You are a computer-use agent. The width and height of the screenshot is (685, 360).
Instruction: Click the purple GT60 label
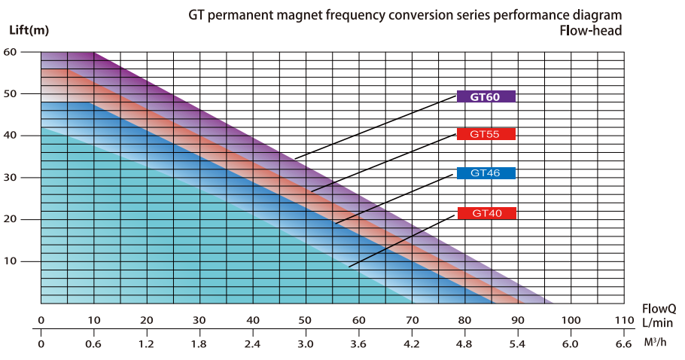pyautogui.click(x=486, y=96)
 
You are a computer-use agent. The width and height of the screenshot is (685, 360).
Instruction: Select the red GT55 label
pyautogui.click(x=486, y=134)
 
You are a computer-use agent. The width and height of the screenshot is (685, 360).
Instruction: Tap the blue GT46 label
pyautogui.click(x=486, y=173)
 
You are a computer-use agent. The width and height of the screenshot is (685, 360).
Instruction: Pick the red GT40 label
pyautogui.click(x=486, y=213)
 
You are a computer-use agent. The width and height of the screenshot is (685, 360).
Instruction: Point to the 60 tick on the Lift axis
pyautogui.click(x=10, y=52)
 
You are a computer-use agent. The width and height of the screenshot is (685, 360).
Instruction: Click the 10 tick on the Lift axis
pyautogui.click(x=10, y=261)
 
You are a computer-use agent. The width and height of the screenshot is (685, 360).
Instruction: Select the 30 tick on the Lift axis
pyautogui.click(x=10, y=178)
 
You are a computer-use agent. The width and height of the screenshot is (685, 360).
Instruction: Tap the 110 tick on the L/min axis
pyautogui.click(x=624, y=320)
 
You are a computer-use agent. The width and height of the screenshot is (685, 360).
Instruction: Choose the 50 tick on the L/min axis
pyautogui.click(x=306, y=320)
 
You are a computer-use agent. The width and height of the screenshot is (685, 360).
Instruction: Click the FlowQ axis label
pyautogui.click(x=659, y=309)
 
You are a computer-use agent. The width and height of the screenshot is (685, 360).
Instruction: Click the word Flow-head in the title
pyautogui.click(x=592, y=31)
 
